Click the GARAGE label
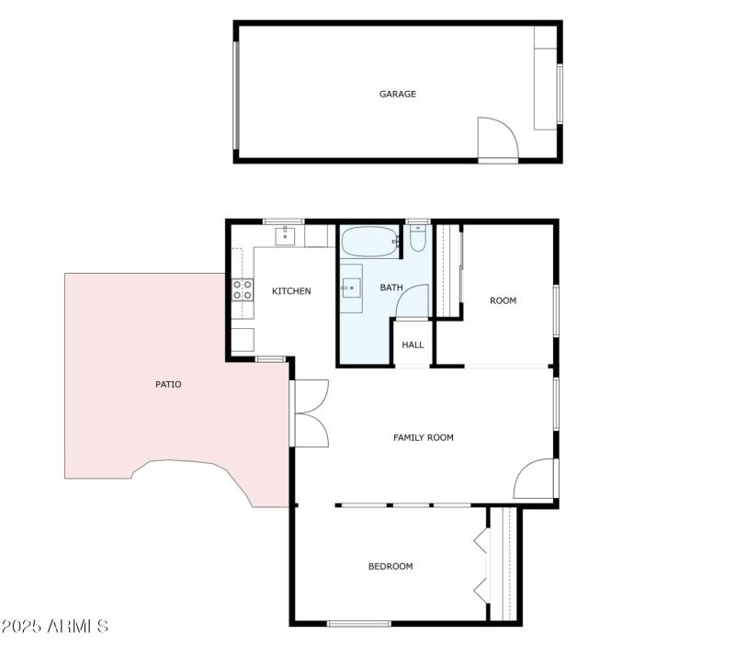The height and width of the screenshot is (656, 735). click(398, 94)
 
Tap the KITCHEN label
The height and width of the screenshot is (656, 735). click(291, 291)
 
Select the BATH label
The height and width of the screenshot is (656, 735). click(391, 288)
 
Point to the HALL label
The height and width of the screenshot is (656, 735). click(413, 345)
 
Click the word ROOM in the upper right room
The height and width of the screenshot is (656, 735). click(503, 300)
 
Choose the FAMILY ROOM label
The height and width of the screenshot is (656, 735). click(424, 437)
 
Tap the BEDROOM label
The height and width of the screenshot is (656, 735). click(390, 566)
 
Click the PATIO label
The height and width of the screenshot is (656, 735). click(168, 384)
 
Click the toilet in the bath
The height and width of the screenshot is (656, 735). click(418, 240)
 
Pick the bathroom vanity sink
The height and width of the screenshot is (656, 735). click(351, 288)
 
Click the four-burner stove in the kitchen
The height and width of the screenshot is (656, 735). click(243, 290)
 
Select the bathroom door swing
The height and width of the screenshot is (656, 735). click(413, 301)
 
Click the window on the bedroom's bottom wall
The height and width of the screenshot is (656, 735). click(358, 624)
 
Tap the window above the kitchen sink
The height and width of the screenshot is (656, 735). click(283, 221)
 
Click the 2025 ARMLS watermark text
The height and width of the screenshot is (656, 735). click(55, 626)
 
